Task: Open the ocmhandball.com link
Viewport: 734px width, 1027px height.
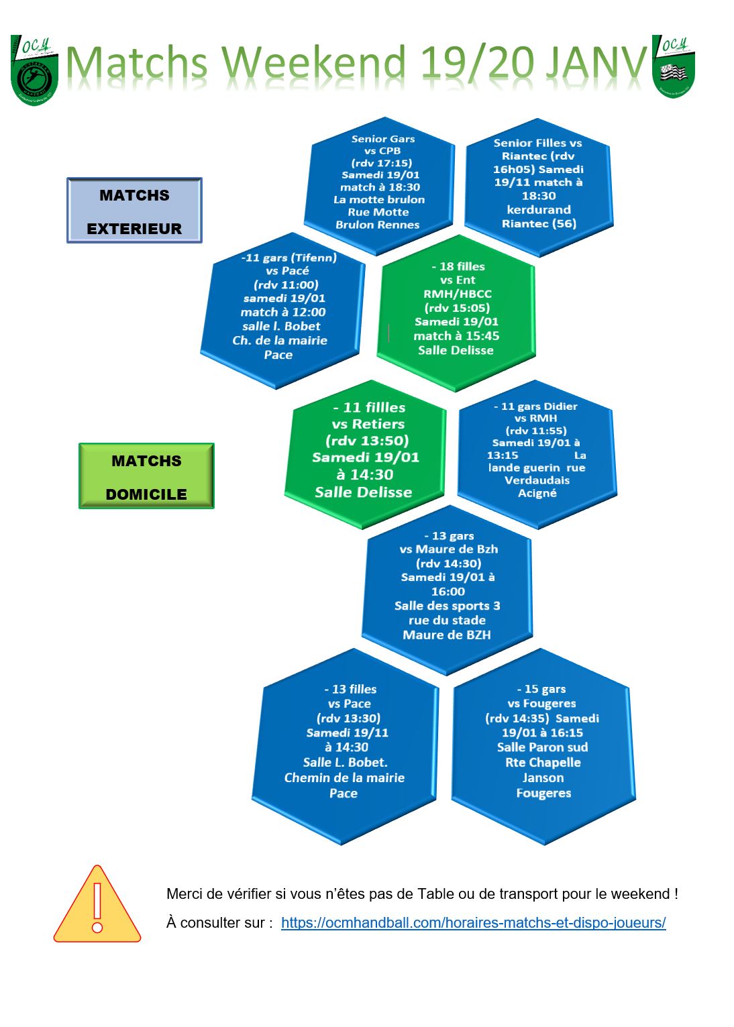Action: [473, 922]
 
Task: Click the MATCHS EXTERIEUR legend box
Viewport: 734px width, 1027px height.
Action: [134, 211]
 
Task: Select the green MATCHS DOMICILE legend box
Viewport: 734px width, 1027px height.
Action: [146, 476]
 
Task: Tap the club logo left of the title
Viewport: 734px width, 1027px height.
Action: [34, 70]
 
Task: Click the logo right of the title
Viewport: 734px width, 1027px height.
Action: [673, 66]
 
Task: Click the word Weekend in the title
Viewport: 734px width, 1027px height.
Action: [312, 64]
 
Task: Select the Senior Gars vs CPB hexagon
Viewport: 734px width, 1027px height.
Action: [380, 184]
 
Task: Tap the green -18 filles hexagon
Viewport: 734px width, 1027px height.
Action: [456, 312]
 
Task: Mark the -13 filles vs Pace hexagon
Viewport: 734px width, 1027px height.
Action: [346, 745]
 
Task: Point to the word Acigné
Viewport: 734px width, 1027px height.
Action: [537, 493]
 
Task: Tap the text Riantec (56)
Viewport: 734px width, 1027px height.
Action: [539, 223]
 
